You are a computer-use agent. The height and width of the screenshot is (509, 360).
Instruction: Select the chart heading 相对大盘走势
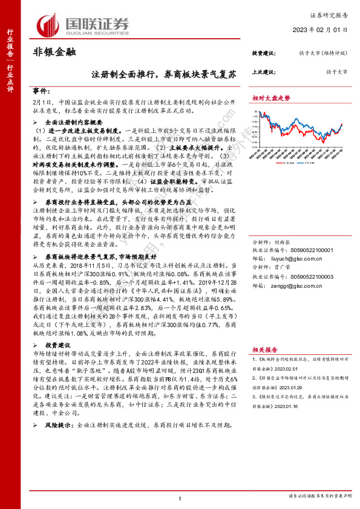point(271,97)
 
